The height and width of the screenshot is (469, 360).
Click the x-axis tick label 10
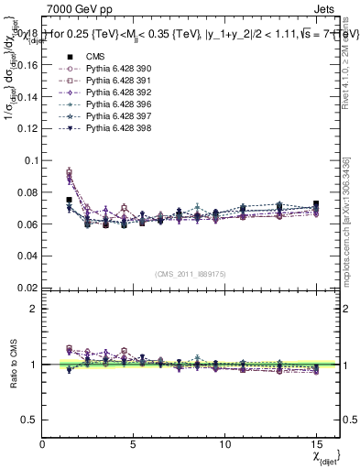tap(224, 443)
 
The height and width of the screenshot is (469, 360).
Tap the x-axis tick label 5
tap(134, 443)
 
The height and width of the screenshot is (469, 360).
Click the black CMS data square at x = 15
tap(316, 204)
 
